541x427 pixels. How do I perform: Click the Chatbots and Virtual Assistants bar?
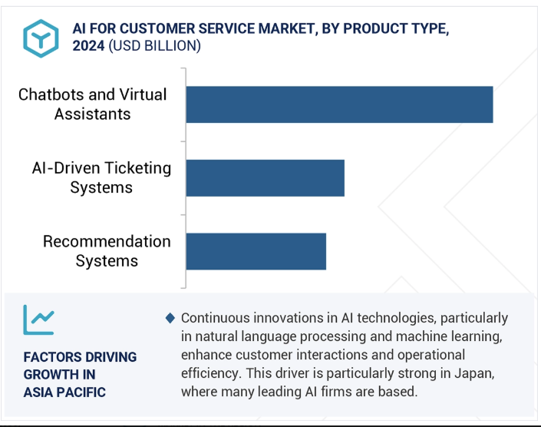coord(339,104)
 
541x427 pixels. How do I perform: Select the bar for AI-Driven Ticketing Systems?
coord(266,178)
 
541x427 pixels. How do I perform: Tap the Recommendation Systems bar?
coord(256,251)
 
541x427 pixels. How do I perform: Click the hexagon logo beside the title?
coord(41,38)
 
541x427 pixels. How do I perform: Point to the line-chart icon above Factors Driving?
coord(38,319)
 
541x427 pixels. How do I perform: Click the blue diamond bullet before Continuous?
coord(170,318)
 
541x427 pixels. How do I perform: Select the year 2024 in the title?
coord(88,46)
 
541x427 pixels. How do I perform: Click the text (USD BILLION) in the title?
coord(154,46)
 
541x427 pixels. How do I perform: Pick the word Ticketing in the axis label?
coord(137,168)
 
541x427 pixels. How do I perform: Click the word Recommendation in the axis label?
coord(107,241)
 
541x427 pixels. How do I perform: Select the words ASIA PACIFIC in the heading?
coord(64,392)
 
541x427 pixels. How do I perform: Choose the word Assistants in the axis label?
coord(92,114)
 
